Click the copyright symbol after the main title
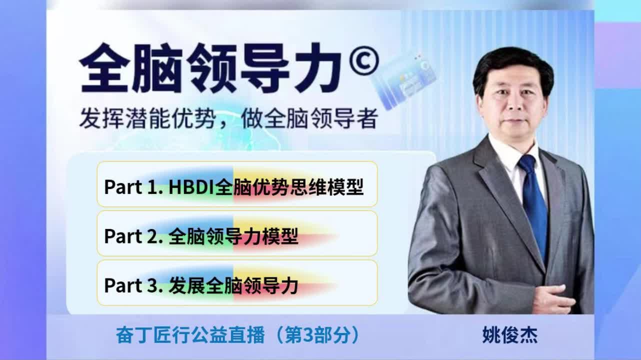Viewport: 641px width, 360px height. coord(364,60)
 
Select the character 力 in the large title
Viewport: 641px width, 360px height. coord(317,68)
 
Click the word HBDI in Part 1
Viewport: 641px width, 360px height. coord(191,187)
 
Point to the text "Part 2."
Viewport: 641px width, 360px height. coord(133,236)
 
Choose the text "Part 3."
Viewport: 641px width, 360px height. coord(133,285)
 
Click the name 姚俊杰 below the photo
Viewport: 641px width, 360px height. coord(510,335)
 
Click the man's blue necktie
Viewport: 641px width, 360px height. coord(534,206)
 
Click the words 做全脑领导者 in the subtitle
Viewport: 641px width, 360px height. coord(309,118)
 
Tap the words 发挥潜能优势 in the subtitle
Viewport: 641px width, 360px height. coord(147,118)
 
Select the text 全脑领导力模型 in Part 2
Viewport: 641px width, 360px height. coord(233,236)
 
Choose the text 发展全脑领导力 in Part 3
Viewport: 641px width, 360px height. coord(233,286)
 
